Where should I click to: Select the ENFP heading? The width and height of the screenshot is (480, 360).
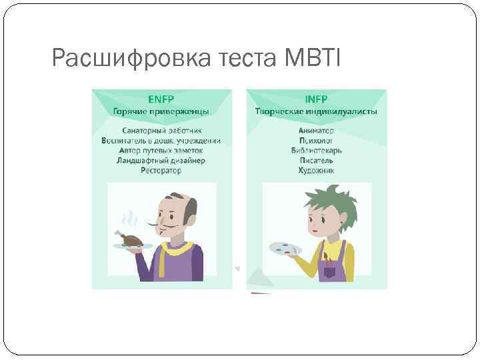click(x=161, y=99)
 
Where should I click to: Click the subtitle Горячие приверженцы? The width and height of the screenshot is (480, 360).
click(x=161, y=111)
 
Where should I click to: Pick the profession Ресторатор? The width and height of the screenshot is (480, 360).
click(x=161, y=171)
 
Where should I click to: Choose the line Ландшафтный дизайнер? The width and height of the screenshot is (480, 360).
click(x=161, y=161)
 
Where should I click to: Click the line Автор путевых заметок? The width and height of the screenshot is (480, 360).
click(x=161, y=151)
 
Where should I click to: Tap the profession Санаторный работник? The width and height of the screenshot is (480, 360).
click(x=161, y=131)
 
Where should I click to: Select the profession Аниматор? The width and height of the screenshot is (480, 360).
click(x=316, y=131)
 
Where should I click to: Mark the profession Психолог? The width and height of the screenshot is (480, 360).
click(x=316, y=141)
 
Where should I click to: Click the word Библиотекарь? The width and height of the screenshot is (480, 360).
click(x=316, y=151)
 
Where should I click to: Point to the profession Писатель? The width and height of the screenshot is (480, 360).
click(x=316, y=161)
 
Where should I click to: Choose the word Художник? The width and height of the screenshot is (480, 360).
click(x=316, y=171)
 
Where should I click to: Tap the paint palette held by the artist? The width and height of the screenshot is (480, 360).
click(x=285, y=249)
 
